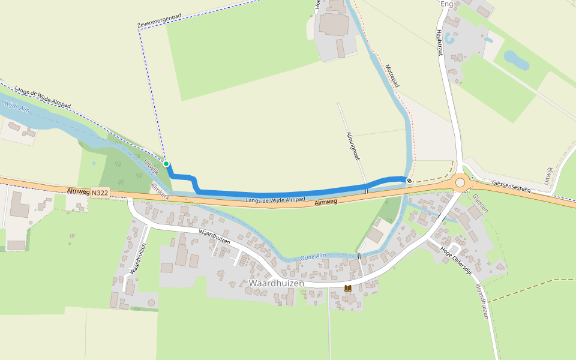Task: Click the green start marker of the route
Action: (166, 164)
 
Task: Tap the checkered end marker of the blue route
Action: (409, 180)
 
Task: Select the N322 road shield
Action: (100, 193)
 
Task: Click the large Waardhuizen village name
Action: (277, 283)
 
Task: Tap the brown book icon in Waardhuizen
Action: (348, 289)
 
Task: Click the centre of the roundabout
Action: (460, 181)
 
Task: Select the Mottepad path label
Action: (392, 76)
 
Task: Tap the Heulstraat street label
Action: (440, 43)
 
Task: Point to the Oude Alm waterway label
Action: (313, 256)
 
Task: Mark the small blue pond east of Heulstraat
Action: (516, 59)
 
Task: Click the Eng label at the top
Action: (446, 4)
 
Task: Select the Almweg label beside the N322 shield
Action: (79, 191)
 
